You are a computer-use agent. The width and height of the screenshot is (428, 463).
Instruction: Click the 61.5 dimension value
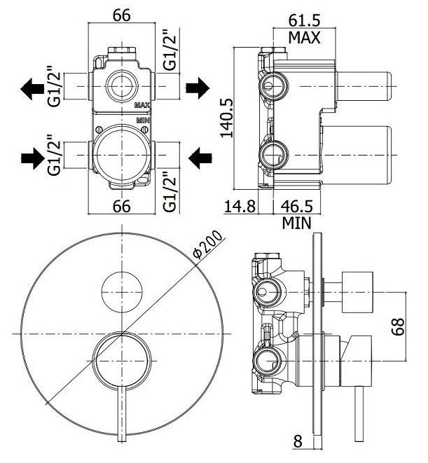tap(304, 21)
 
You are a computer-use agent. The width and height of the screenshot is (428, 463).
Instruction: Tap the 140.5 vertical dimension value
tap(228, 118)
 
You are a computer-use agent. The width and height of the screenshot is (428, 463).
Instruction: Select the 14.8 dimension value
tap(240, 206)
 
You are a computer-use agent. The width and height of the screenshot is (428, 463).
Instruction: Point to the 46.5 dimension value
tap(296, 206)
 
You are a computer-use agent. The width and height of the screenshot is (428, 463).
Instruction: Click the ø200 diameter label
tap(207, 244)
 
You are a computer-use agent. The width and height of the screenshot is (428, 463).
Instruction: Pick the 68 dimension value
tap(398, 326)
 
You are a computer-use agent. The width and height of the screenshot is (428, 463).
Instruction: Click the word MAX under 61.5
tap(304, 38)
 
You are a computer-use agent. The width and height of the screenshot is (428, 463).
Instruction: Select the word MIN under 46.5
tap(296, 223)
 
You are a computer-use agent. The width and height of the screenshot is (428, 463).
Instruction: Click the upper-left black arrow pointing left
tap(32, 88)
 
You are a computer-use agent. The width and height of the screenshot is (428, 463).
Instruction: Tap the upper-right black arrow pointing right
tap(198, 88)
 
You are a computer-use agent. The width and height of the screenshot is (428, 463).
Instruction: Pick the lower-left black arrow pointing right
tap(32, 158)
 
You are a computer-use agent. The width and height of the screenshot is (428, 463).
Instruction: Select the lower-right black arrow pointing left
tap(200, 158)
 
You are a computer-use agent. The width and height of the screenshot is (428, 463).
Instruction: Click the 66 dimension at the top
tap(122, 15)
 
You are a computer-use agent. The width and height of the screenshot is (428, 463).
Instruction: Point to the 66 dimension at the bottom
tap(122, 206)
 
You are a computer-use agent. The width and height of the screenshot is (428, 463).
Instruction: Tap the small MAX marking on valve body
tap(142, 105)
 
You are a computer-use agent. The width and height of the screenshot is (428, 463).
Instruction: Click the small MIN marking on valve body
tap(144, 120)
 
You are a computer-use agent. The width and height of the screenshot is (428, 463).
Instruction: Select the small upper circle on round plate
tap(122, 292)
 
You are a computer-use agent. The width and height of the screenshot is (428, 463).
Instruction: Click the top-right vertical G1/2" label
tap(171, 50)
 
